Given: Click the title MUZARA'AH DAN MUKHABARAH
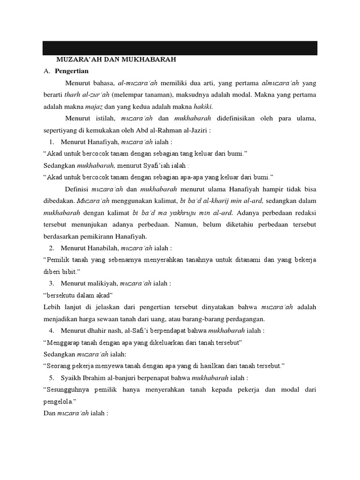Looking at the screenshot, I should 110,60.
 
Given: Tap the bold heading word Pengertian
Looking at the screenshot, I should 71,71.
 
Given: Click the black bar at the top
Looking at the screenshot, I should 180,48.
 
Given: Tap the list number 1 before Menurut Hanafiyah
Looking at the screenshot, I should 51,142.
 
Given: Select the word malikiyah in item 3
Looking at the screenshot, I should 100,283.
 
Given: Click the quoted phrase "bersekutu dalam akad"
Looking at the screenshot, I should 78,295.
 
